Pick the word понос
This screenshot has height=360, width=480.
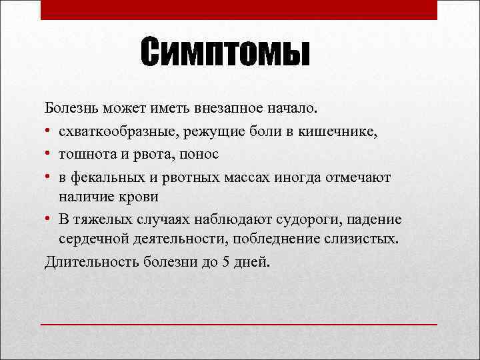[x=199, y=154]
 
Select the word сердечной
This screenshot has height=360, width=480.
[x=91, y=239]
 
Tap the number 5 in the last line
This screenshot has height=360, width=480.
[x=227, y=261]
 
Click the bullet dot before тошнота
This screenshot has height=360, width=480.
[x=49, y=155]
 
